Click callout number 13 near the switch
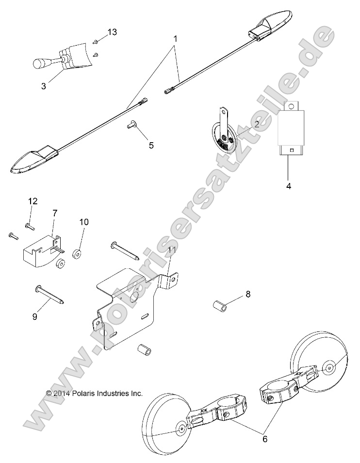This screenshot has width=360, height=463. (x=112, y=32)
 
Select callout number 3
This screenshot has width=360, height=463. (x=44, y=86)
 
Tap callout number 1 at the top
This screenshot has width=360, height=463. (x=176, y=38)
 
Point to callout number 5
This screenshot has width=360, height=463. (x=151, y=145)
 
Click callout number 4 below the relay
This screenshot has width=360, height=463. (x=288, y=185)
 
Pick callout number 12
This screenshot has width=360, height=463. (x=33, y=201)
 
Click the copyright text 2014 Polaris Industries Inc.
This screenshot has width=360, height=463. (x=94, y=393)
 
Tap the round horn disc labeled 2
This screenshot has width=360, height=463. (x=224, y=141)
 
